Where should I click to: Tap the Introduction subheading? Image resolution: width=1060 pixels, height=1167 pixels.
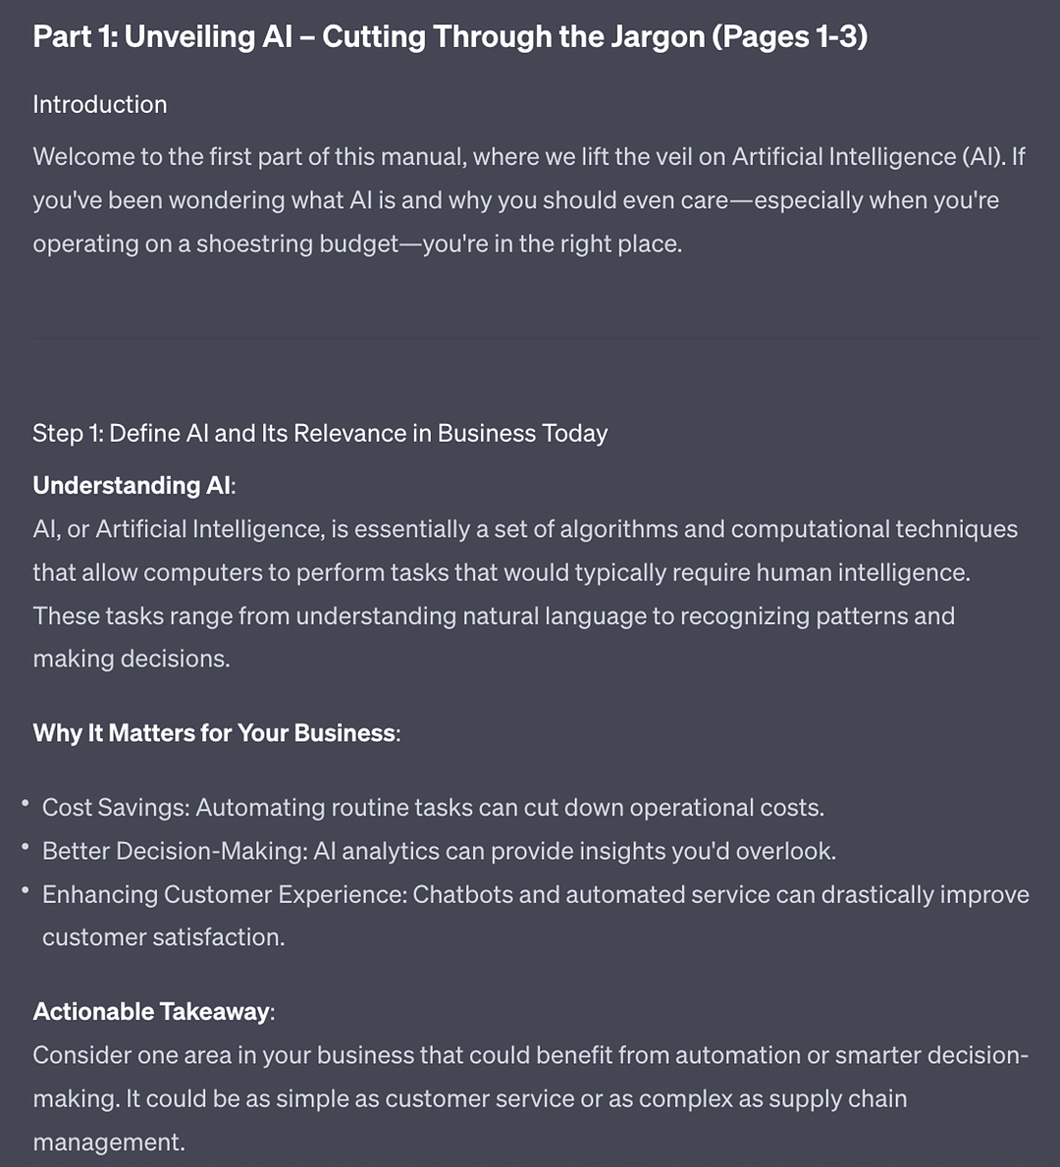point(100,105)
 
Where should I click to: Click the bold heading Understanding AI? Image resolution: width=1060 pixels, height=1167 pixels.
point(132,486)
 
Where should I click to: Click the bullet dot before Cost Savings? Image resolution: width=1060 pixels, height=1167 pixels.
point(26,804)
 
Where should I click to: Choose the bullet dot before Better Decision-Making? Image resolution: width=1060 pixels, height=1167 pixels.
point(26,847)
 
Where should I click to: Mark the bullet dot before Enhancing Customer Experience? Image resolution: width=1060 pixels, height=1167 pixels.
point(26,890)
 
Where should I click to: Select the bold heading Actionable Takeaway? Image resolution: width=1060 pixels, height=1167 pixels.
point(151,1012)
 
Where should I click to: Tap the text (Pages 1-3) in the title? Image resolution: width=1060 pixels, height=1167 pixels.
point(790,37)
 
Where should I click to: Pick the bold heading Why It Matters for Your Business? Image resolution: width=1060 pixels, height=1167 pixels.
point(214,733)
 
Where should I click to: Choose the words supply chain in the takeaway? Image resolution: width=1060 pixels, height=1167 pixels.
point(837,1098)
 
